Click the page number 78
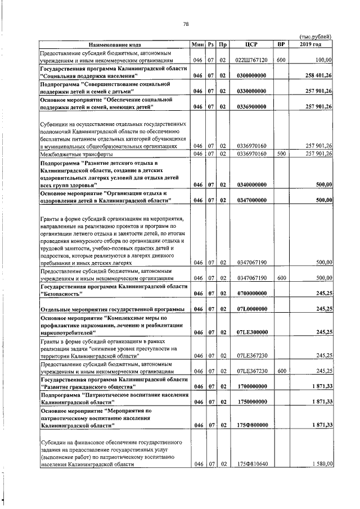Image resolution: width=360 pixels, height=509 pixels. point(185,24)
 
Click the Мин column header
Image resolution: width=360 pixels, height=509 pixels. point(197,44)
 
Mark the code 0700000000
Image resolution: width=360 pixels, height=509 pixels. point(251,293)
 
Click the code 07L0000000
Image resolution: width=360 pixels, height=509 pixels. point(251,309)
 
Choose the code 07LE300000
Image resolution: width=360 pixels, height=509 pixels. point(251,332)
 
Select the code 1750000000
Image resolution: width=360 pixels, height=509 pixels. point(251,401)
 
